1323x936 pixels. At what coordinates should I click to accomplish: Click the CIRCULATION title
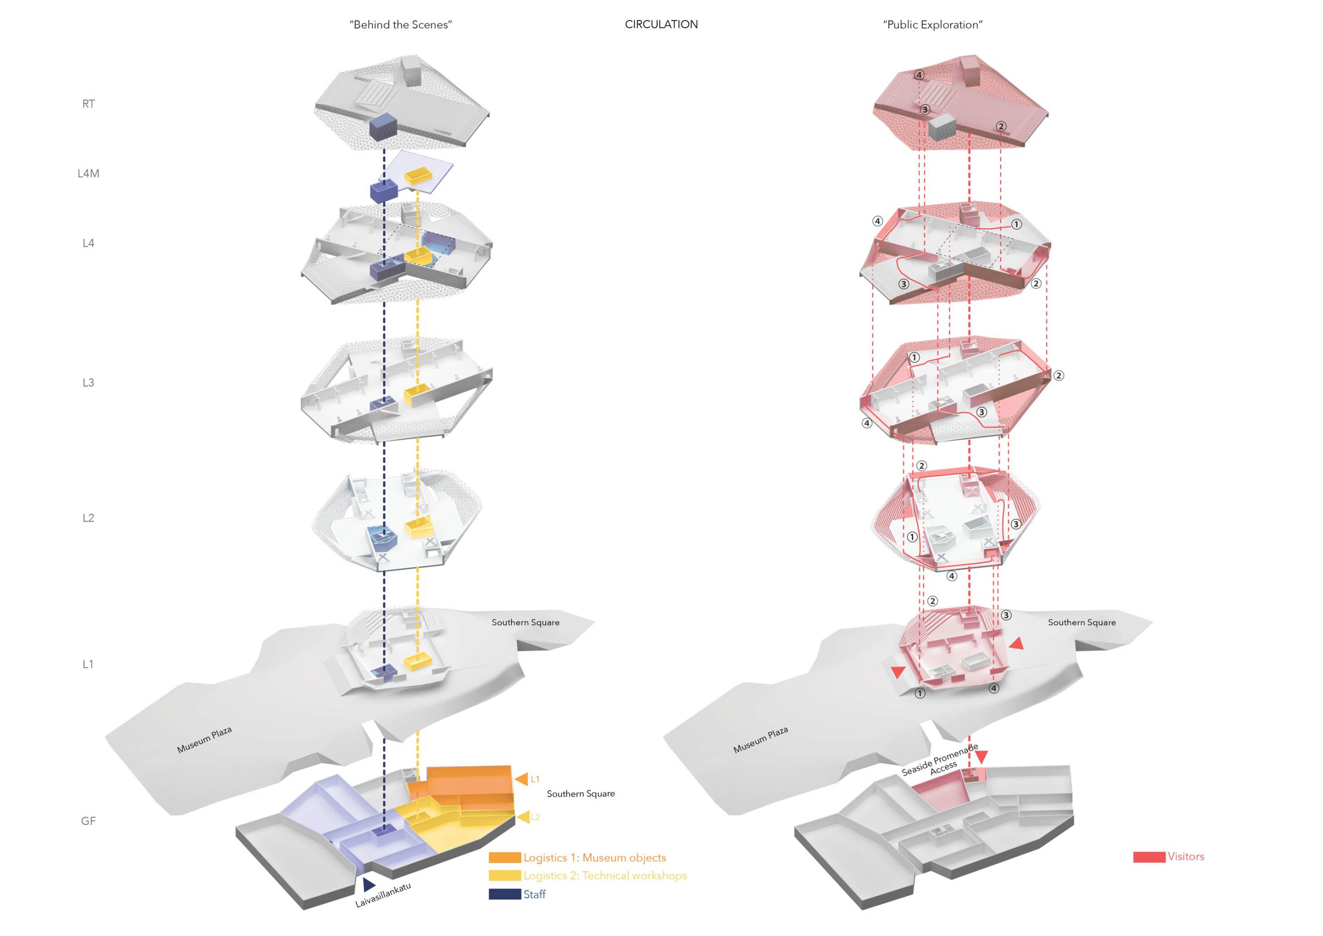click(x=661, y=24)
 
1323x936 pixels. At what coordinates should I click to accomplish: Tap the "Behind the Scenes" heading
click(x=400, y=25)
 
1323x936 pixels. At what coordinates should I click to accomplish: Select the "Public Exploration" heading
click(x=932, y=25)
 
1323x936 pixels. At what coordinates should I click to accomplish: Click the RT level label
click(x=88, y=104)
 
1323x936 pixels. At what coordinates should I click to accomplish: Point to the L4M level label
click(x=88, y=173)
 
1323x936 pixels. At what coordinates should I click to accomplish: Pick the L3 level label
click(x=88, y=383)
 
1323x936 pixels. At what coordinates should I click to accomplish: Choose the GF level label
click(x=88, y=821)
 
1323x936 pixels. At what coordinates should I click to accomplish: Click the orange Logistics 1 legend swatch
click(x=505, y=858)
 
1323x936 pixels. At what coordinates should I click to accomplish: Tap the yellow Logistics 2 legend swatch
click(x=505, y=875)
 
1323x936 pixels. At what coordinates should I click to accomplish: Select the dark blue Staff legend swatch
click(x=505, y=894)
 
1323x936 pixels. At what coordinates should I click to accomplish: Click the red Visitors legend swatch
click(x=1149, y=857)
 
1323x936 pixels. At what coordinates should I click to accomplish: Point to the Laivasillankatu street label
click(x=383, y=895)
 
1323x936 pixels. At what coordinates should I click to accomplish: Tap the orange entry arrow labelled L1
click(x=522, y=779)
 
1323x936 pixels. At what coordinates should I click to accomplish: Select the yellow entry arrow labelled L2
click(x=523, y=817)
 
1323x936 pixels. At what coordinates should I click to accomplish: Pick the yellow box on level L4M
click(x=418, y=175)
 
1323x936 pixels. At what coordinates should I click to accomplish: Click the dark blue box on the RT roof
click(x=383, y=127)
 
